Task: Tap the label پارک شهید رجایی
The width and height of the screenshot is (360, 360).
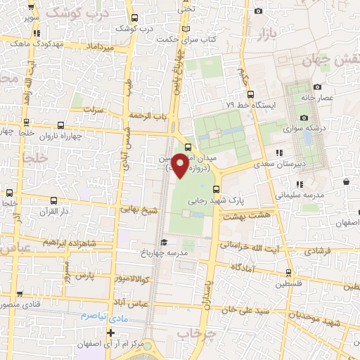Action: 216,200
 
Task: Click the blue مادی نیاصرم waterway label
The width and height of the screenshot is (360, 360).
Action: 102,316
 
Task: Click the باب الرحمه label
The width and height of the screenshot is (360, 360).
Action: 147,115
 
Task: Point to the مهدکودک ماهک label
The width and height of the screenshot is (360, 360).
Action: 58,44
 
